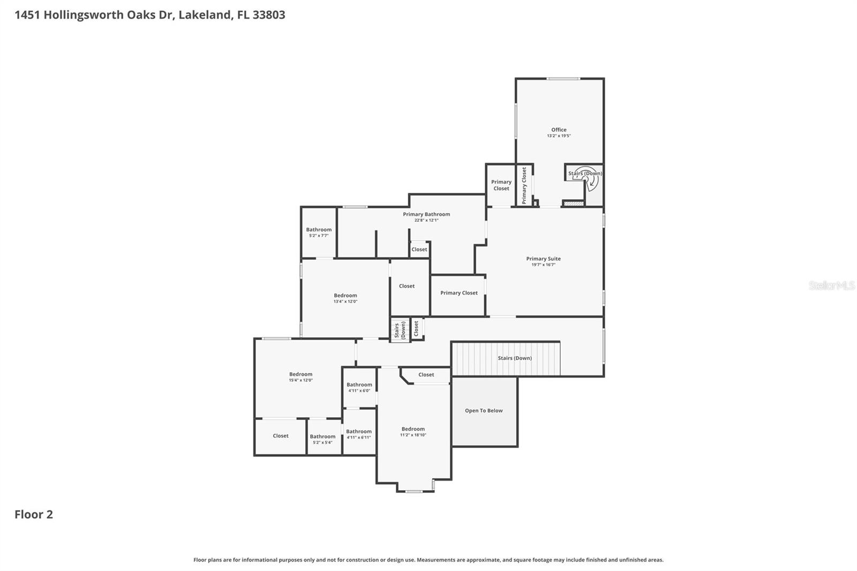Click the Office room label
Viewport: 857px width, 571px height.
pyautogui.click(x=559, y=130)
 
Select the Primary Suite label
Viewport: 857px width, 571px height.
pyautogui.click(x=543, y=259)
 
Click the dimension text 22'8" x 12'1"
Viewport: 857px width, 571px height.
pyautogui.click(x=426, y=220)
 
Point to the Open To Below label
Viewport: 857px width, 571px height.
pyautogui.click(x=484, y=411)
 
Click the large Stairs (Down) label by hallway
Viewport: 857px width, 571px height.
pyautogui.click(x=515, y=358)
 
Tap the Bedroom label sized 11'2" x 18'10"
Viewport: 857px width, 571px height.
pyautogui.click(x=413, y=429)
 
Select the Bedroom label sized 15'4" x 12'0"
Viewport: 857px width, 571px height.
pyautogui.click(x=300, y=374)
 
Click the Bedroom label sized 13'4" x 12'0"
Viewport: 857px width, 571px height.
pyautogui.click(x=345, y=296)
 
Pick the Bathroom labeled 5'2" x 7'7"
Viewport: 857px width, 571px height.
pyautogui.click(x=319, y=230)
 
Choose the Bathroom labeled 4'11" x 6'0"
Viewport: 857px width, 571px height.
pyautogui.click(x=359, y=385)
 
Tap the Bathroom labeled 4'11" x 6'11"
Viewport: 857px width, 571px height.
pyautogui.click(x=358, y=432)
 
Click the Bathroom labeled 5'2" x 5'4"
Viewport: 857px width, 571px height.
pyautogui.click(x=322, y=437)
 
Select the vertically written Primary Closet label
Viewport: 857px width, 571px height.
pyautogui.click(x=524, y=185)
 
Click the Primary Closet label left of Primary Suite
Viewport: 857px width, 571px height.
pyautogui.click(x=459, y=293)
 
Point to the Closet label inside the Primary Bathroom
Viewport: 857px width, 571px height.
pyautogui.click(x=419, y=250)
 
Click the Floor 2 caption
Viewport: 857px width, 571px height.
pyautogui.click(x=34, y=514)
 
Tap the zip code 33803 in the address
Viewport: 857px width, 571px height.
pyautogui.click(x=268, y=14)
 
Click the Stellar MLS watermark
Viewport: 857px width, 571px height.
pyautogui.click(x=831, y=285)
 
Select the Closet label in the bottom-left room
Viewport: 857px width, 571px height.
pyautogui.click(x=281, y=436)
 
